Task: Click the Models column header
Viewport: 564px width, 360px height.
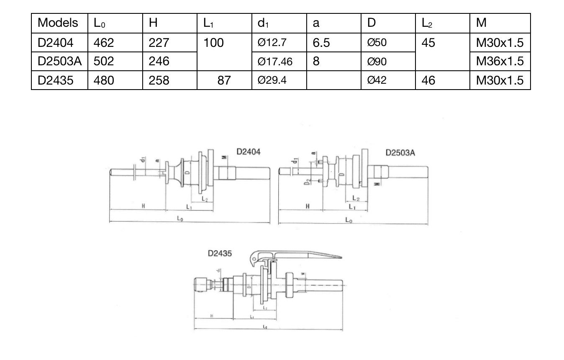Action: pos(58,23)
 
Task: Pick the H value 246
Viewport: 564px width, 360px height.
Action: pos(159,61)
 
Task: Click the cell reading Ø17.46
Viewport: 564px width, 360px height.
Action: pos(275,62)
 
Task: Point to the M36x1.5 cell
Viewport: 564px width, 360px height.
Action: pos(500,61)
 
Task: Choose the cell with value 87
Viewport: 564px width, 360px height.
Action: pos(224,80)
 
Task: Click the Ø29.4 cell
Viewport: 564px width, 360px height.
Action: pos(272,80)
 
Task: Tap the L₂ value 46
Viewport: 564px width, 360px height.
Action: pos(428,80)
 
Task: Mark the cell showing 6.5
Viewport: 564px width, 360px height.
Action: pos(321,42)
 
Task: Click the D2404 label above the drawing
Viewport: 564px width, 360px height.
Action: pos(249,152)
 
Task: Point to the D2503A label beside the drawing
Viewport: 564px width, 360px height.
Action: pos(400,153)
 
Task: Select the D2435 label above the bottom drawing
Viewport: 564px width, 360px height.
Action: pos(220,253)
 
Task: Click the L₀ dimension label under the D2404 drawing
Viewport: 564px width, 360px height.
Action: pos(179,219)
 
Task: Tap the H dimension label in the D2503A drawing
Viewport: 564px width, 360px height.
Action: pos(308,206)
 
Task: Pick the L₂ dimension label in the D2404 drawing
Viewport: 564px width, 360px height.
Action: pos(204,199)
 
